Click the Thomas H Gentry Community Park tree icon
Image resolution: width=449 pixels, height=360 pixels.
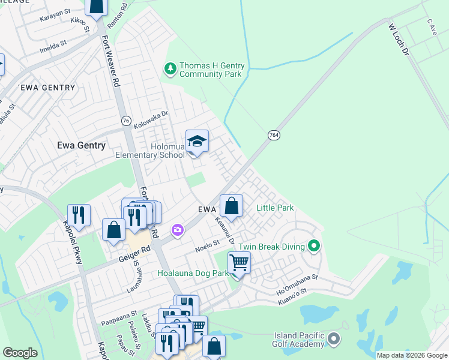click(x=171, y=69)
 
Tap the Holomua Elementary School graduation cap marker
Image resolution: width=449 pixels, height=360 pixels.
click(x=197, y=142)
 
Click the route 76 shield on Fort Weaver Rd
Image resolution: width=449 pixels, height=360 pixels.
click(x=125, y=120)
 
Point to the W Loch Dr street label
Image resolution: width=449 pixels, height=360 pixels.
click(x=398, y=41)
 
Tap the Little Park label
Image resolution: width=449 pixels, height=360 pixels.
click(x=275, y=208)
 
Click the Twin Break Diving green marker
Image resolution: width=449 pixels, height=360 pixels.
click(x=313, y=246)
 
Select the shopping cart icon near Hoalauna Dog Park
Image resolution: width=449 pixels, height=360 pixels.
click(x=239, y=263)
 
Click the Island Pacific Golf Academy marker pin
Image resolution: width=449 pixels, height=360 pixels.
click(x=334, y=340)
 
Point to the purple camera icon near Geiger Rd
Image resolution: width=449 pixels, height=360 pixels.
click(x=177, y=230)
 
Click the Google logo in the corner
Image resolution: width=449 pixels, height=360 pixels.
click(x=20, y=353)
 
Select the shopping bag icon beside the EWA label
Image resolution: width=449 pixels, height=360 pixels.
click(x=231, y=206)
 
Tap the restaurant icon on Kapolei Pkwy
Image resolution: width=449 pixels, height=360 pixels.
click(x=79, y=215)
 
